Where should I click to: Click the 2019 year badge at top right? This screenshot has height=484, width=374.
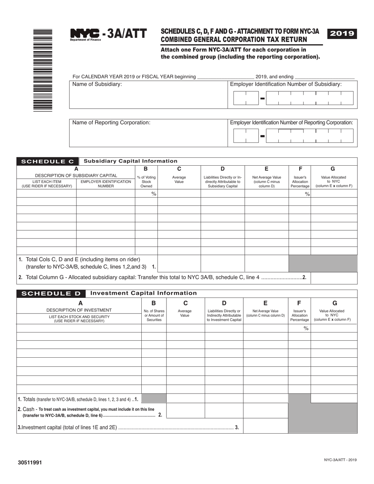pos(342,34)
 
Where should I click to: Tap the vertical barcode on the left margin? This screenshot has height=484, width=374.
pos(43,70)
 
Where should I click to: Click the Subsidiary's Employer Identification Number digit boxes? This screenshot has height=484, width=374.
pos(293,98)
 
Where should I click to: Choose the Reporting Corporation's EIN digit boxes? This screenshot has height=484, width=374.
pos(293,136)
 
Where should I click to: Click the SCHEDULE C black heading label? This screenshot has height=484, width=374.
pos(48,161)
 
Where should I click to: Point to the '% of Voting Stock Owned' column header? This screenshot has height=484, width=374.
pos(146,182)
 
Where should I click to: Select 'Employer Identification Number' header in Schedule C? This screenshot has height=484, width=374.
pos(106,184)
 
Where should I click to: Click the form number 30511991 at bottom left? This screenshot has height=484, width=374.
pos(29,463)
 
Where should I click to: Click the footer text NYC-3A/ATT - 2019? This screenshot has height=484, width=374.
pos(341,460)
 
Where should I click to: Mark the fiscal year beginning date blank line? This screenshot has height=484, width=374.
pos(225,77)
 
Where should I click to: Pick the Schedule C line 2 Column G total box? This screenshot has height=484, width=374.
pos(334,278)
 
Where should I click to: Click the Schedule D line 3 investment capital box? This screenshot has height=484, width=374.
pos(266,426)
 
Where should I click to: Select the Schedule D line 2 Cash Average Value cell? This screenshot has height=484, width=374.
pos(185,410)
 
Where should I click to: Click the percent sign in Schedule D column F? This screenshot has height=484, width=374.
pos(305,328)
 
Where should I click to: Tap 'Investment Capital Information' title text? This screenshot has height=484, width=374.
pos(143,293)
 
